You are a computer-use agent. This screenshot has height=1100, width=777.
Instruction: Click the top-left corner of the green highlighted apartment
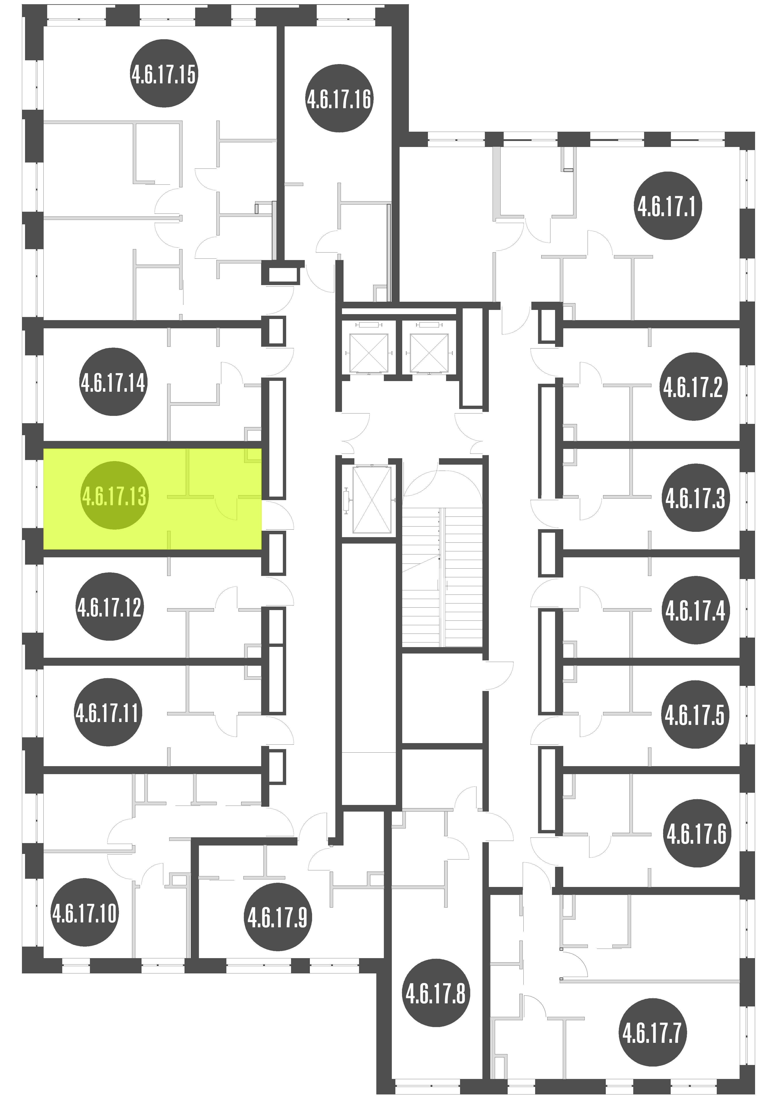click(44, 449)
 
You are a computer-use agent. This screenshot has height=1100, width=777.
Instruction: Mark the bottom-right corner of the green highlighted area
click(262, 549)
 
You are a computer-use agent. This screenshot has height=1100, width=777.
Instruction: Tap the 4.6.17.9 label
click(278, 918)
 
